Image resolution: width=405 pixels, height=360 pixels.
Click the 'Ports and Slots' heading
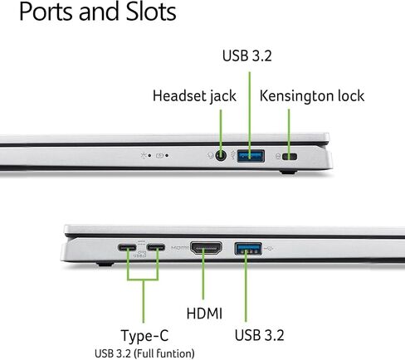(98, 12)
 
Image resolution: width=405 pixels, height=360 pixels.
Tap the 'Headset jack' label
(194, 96)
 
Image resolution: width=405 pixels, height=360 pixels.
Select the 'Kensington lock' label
(312, 96)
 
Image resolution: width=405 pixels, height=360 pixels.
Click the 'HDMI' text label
(204, 314)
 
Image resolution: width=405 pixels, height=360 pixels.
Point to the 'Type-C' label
(144, 336)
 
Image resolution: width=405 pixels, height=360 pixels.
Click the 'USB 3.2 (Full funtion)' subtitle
(144, 353)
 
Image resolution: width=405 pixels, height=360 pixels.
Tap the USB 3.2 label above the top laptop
(247, 56)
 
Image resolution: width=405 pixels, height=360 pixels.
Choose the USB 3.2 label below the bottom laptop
(259, 335)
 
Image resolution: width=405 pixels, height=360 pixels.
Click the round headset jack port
(221, 156)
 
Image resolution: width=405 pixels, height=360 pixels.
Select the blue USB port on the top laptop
(251, 156)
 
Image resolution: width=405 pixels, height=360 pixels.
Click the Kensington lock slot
(290, 157)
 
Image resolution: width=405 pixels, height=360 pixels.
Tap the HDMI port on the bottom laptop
(206, 248)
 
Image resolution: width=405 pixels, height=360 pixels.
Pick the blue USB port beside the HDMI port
(248, 248)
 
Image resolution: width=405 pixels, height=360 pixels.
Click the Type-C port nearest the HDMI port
(156, 247)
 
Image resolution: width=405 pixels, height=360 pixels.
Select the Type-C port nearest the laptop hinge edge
(127, 247)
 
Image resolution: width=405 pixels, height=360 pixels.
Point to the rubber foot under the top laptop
(288, 173)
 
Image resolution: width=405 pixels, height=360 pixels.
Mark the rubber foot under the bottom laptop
(105, 264)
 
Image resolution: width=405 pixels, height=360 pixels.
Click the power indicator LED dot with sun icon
(149, 156)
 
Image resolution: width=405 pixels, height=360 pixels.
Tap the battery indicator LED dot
(167, 156)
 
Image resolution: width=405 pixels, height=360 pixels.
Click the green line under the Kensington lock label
(289, 134)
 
